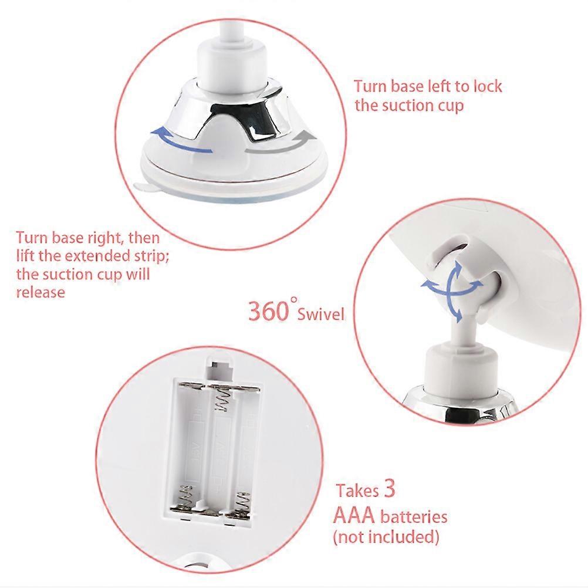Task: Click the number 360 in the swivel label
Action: click(269, 310)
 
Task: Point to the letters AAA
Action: click(355, 516)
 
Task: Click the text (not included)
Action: click(386, 536)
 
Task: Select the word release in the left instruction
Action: click(40, 292)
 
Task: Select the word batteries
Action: click(414, 518)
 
